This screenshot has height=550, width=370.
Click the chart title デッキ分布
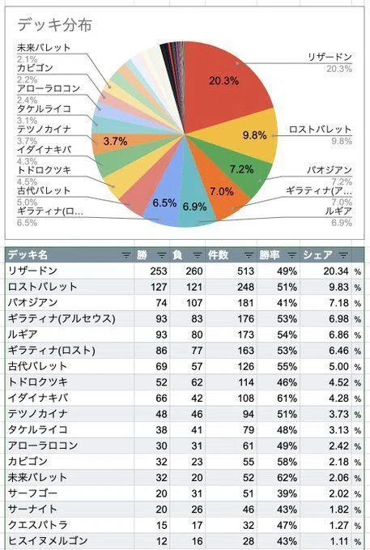click(x=55, y=24)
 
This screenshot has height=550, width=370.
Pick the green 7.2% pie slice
click(x=239, y=168)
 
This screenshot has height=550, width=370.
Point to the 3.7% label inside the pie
click(x=115, y=142)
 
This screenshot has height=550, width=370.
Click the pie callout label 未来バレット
click(x=44, y=48)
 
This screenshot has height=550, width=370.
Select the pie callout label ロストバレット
click(x=320, y=130)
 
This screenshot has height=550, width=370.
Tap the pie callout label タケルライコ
click(x=45, y=109)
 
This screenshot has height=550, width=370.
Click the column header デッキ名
click(x=28, y=254)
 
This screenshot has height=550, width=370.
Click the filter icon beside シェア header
click(x=344, y=255)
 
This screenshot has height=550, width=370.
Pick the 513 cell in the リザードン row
click(x=245, y=271)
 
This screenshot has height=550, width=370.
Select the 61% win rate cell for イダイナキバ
click(x=287, y=398)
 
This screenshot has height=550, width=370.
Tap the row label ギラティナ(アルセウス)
click(x=62, y=318)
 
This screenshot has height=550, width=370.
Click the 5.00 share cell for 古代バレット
click(x=338, y=367)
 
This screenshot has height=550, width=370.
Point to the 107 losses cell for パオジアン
click(x=194, y=303)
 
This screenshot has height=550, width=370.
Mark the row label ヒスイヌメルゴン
click(x=48, y=541)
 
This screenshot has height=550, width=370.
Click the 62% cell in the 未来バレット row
click(x=287, y=477)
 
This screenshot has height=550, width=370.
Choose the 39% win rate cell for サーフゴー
click(x=287, y=493)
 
